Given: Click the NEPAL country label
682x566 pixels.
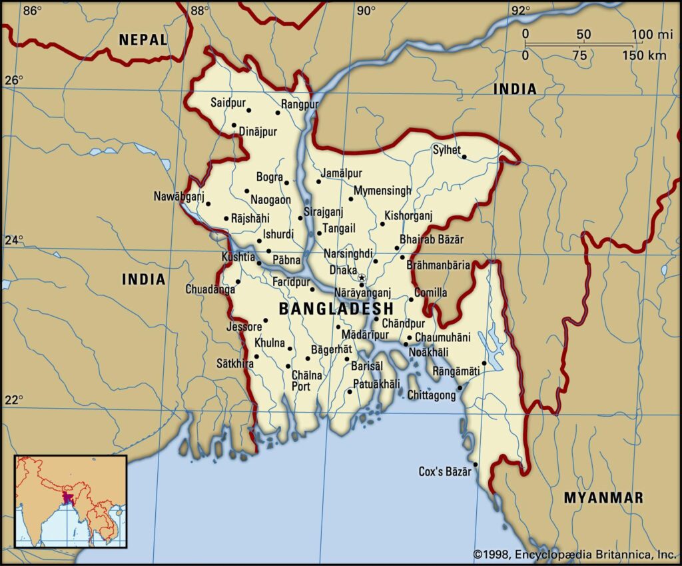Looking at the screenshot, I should (x=143, y=39).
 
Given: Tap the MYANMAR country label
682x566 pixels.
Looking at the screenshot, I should (x=603, y=497).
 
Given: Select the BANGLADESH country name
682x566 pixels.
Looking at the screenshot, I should (x=336, y=309).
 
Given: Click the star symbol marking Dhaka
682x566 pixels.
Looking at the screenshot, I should (x=362, y=277).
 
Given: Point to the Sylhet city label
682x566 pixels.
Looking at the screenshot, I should (x=446, y=150).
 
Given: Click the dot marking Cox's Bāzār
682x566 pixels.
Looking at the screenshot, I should (x=476, y=465).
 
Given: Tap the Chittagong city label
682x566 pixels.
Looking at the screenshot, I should (x=432, y=396).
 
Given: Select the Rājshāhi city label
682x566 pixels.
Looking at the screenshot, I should (x=250, y=218).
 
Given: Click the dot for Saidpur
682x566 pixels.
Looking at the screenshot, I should (x=248, y=110).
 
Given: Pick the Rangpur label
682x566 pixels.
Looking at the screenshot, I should (x=300, y=104).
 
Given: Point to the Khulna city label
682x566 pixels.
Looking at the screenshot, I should (x=270, y=343).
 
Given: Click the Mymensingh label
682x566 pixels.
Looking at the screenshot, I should (x=382, y=191).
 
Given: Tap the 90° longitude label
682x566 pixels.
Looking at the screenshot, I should (x=364, y=10).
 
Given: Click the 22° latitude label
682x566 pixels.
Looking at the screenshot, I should (x=14, y=399).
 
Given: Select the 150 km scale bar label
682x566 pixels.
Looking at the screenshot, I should (x=644, y=56).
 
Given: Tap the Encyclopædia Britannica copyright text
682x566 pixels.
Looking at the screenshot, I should (x=575, y=554).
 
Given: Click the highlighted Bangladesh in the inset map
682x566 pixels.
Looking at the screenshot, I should (x=67, y=498).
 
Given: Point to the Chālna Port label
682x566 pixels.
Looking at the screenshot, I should (x=306, y=381).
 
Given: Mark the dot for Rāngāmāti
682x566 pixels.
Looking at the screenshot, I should (x=484, y=363).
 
